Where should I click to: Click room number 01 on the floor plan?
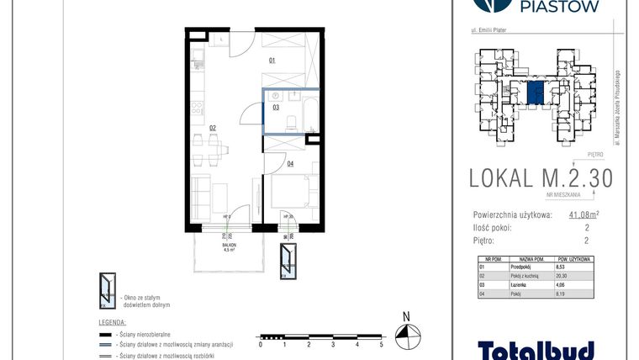coord(272,61)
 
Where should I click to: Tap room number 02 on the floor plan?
coord(214,128)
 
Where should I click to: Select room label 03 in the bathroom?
coord(275,108)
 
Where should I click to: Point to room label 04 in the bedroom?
coord(290,163)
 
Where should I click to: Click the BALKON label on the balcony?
coord(227,245)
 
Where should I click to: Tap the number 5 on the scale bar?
coord(381,344)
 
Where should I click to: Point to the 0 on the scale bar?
coord(261,344)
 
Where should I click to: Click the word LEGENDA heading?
coord(113,322)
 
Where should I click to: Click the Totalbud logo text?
coord(536,349)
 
